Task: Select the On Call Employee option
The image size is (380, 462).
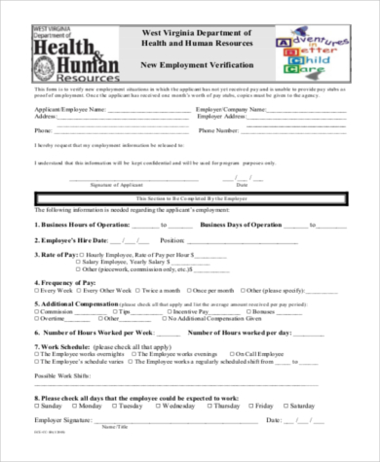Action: [x=247, y=353]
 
